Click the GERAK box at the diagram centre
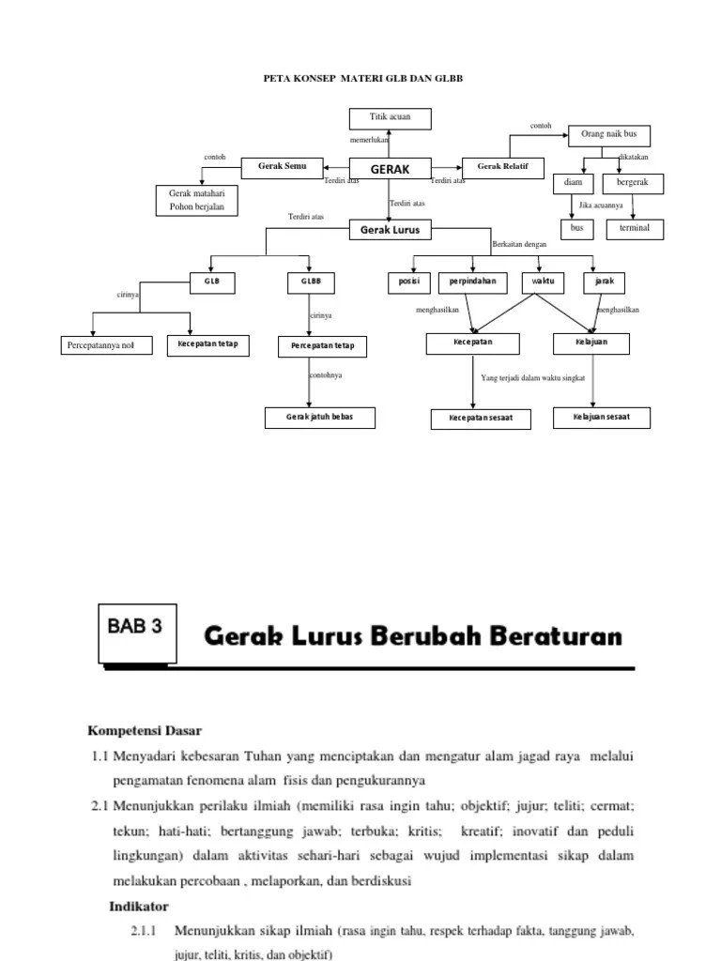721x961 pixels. [x=390, y=169]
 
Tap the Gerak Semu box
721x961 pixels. [x=283, y=167]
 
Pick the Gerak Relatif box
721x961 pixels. [x=502, y=167]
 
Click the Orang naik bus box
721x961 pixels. [x=608, y=135]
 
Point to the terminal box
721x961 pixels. [x=635, y=228]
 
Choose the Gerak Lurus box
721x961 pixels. [x=390, y=229]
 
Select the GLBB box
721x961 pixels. [x=311, y=281]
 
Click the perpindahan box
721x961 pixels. [x=471, y=281]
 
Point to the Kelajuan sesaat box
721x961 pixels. [x=603, y=418]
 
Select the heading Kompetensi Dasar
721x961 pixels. [x=145, y=729]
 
